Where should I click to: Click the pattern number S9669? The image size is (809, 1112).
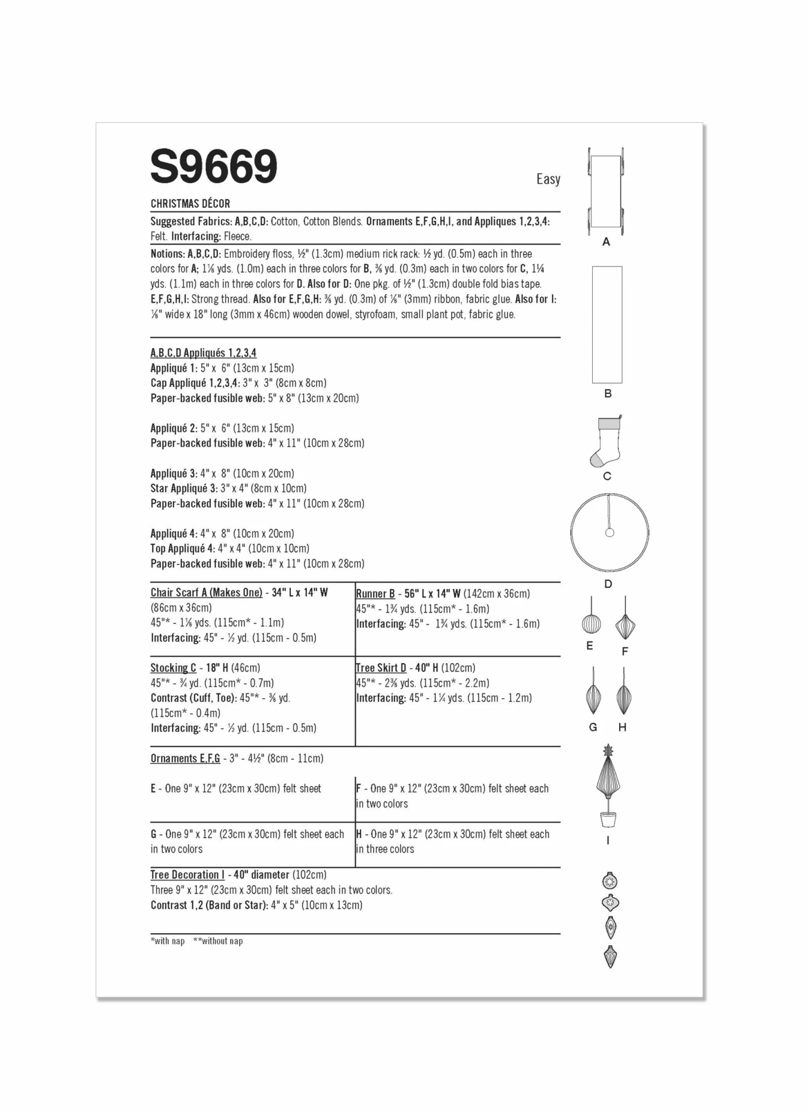pos(214,167)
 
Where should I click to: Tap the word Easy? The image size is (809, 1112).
pos(548,179)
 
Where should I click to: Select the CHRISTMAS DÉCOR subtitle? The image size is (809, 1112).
pos(190,204)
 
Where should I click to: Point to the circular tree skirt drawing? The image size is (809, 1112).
pos(609,532)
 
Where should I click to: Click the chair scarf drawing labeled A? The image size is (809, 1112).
pos(606,191)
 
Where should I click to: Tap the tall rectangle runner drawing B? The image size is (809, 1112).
pos(607,325)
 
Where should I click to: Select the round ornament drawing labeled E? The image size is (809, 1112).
pos(591,624)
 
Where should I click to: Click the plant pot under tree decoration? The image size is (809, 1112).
pos(608,820)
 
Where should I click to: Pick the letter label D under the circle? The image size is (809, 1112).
pos(608,584)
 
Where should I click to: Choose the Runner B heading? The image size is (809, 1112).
pos(375,594)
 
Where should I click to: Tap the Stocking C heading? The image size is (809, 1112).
pos(173,668)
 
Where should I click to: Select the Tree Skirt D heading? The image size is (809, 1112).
pos(381,668)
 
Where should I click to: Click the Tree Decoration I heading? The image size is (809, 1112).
pos(188,875)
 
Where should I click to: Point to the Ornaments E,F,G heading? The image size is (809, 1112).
pos(185,758)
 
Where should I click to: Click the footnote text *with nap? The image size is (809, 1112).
pos(167,941)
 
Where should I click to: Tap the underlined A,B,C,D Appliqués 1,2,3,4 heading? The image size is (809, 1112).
pos(203,353)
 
